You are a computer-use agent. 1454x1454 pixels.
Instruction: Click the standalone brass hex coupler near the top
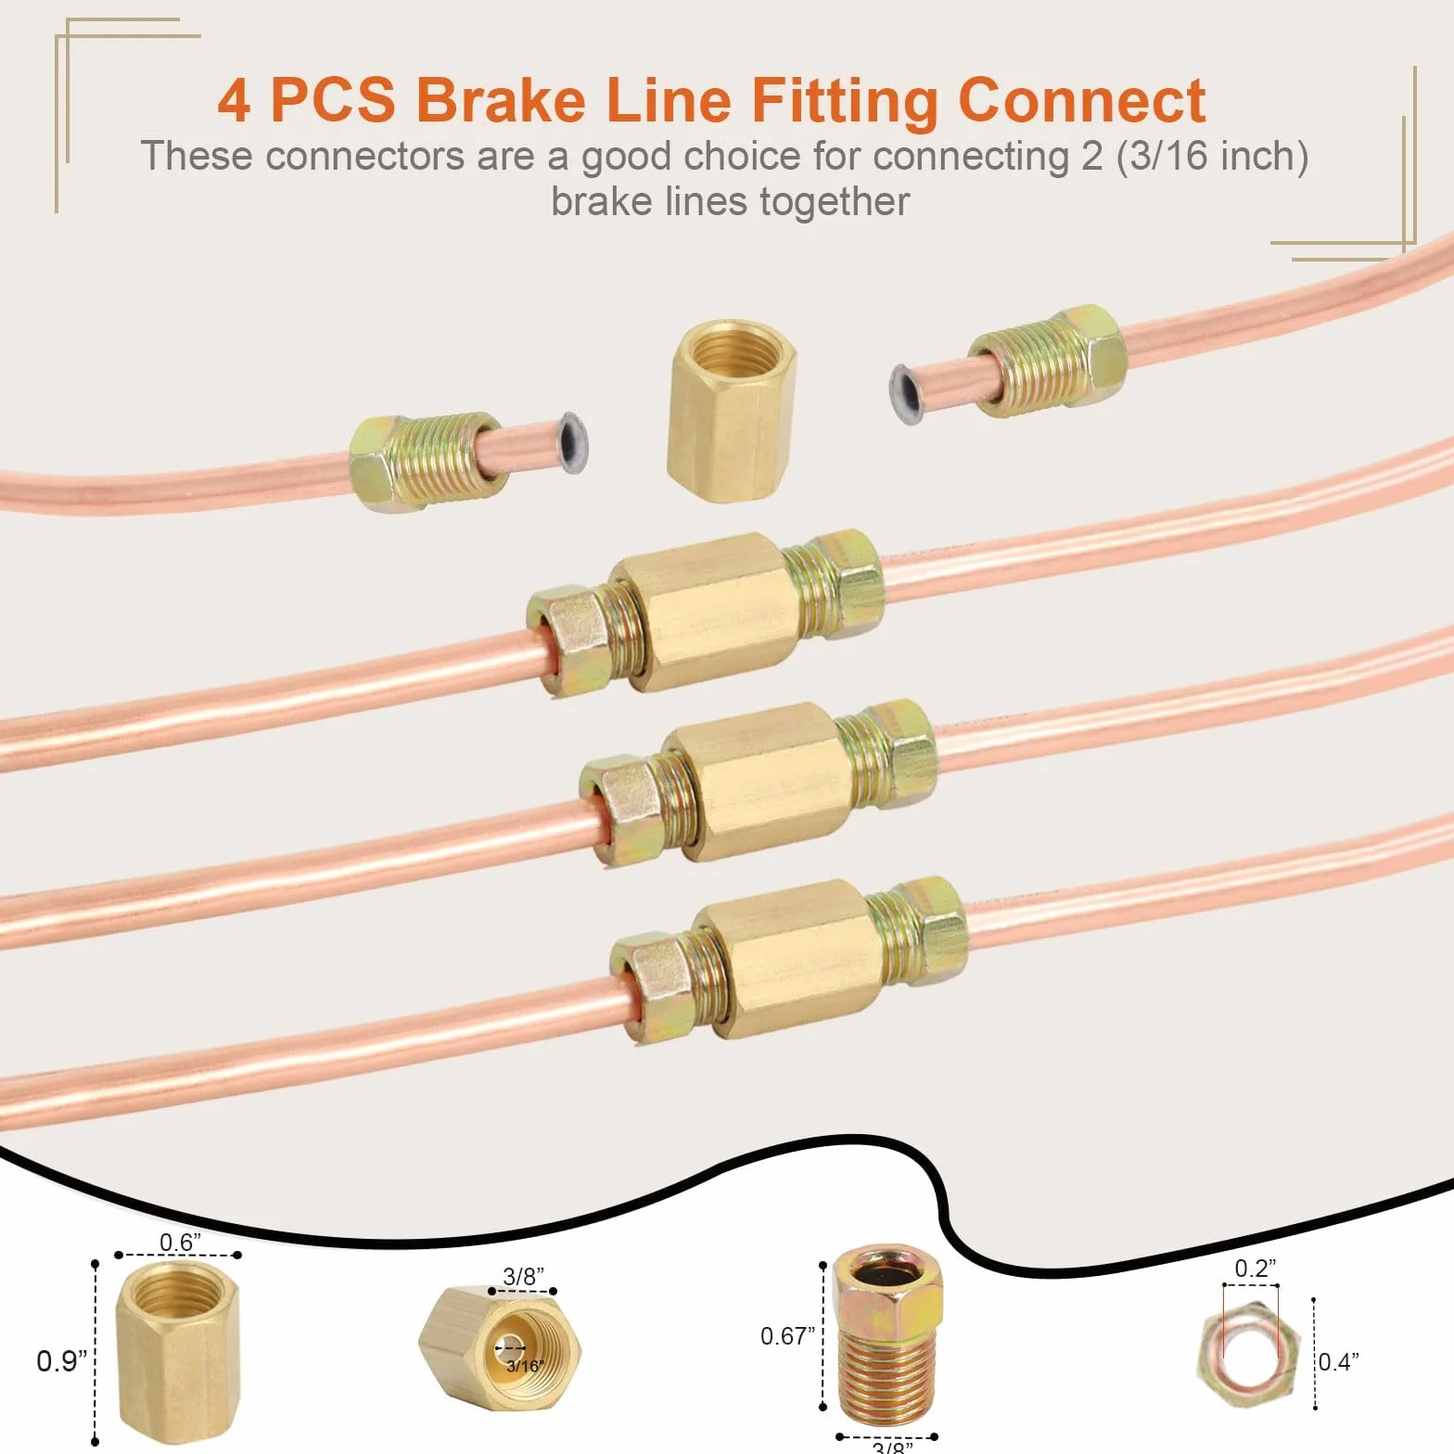click(732, 411)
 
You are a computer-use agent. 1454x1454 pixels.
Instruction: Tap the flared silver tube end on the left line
click(571, 443)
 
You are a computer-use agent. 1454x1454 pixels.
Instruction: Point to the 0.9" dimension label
click(61, 1361)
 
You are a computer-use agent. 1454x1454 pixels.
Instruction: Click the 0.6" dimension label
click(180, 1242)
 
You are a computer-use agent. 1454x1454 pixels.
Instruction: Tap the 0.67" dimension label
click(787, 1335)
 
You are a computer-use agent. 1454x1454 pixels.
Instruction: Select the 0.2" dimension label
click(1255, 1268)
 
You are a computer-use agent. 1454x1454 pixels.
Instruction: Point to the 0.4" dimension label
click(1339, 1361)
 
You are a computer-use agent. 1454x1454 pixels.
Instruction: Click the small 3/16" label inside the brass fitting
click(525, 1366)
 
